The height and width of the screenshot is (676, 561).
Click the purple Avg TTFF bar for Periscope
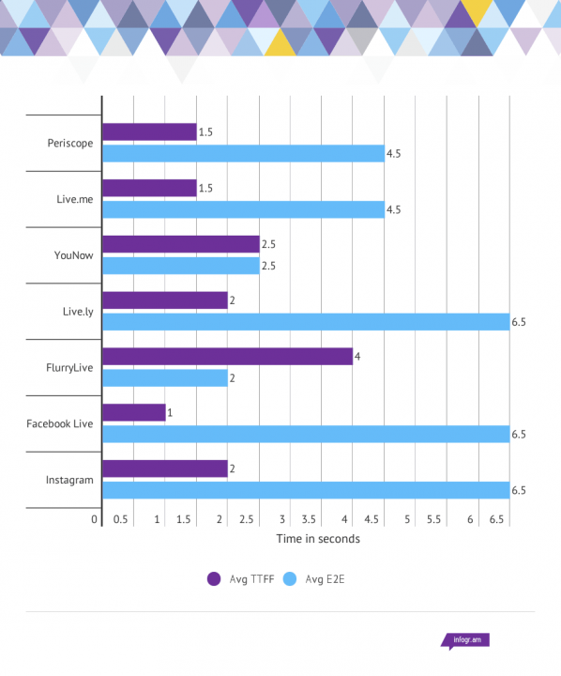click(x=149, y=132)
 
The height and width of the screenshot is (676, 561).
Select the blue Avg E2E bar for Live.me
click(x=244, y=209)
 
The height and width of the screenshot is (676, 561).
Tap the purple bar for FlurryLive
click(x=228, y=357)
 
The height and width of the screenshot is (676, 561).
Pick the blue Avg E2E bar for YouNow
click(x=181, y=266)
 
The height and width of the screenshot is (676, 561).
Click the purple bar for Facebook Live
click(x=134, y=412)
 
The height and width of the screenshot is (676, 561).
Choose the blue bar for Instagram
click(x=306, y=490)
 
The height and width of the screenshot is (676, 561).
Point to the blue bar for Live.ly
click(x=306, y=322)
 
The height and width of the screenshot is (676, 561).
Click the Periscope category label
click(x=70, y=143)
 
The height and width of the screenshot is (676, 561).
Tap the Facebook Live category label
click(x=60, y=423)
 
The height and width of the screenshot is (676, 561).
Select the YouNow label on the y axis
click(x=74, y=255)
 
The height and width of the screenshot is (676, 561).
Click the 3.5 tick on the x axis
click(x=309, y=519)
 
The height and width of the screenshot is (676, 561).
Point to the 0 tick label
click(x=95, y=519)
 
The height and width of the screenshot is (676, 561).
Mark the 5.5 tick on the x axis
click(x=434, y=519)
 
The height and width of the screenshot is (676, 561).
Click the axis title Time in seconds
click(x=318, y=539)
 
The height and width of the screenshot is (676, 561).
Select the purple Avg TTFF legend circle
click(x=214, y=579)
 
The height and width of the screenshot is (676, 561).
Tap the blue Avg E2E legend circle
click(x=290, y=579)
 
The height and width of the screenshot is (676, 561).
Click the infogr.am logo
click(x=465, y=640)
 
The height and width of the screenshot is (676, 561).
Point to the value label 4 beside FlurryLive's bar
click(x=357, y=357)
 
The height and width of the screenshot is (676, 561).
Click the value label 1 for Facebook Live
click(x=170, y=412)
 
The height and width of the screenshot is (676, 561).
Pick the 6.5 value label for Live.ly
click(x=519, y=322)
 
